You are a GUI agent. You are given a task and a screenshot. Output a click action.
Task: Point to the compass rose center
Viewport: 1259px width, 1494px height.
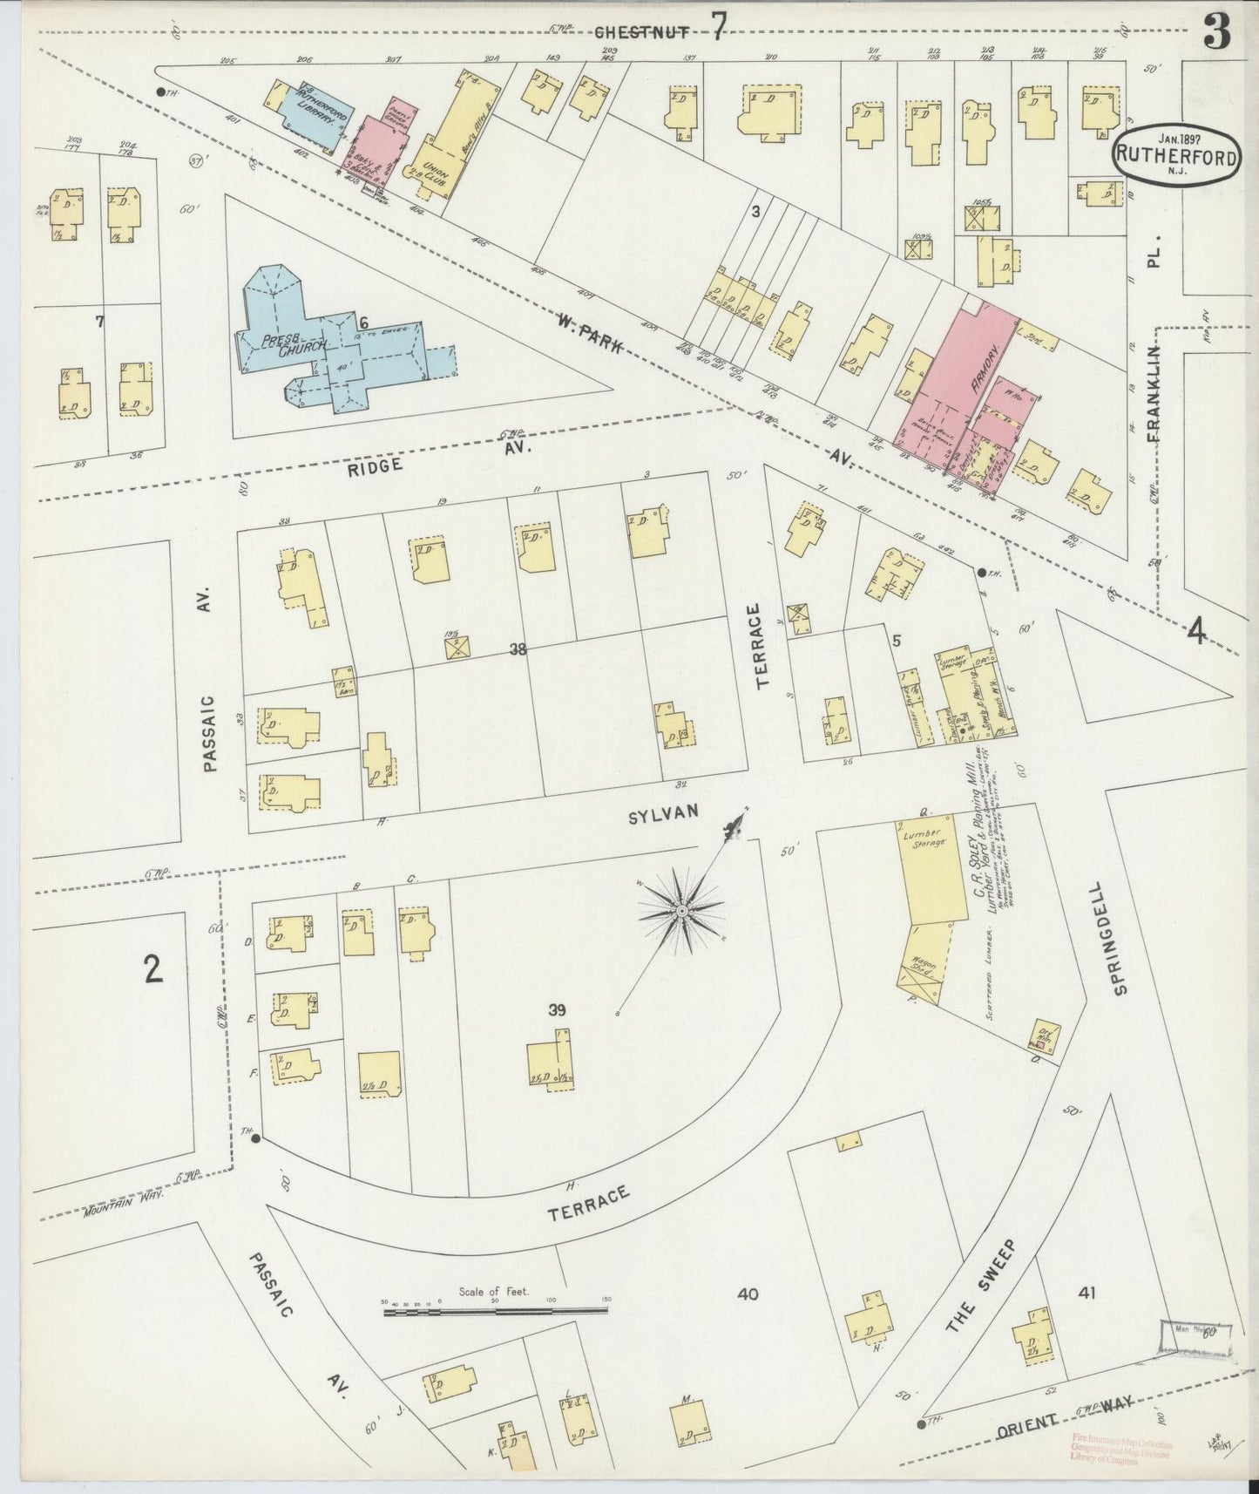[x=682, y=911]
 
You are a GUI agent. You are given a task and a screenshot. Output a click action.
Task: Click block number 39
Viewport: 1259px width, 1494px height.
[x=558, y=1010]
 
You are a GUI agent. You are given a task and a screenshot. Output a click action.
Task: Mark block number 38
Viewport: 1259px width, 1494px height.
[x=518, y=649]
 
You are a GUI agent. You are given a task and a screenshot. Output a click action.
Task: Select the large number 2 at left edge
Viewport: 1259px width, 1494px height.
[x=153, y=968]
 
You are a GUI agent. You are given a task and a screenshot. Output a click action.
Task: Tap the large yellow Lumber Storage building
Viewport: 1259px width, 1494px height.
[x=932, y=872]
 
